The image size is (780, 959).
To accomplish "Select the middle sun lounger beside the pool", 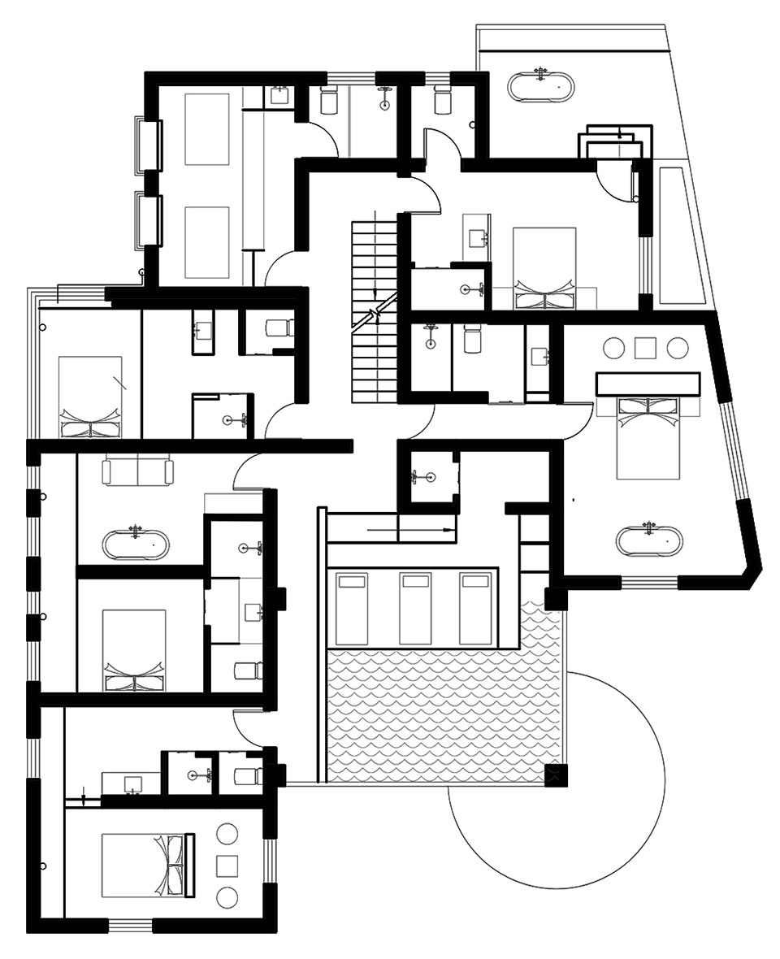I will pos(416,608).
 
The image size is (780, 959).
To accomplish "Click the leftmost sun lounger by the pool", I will pos(352,608).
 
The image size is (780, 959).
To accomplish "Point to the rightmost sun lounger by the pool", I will pos(475,608).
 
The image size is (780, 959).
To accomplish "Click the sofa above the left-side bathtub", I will pos(138,472).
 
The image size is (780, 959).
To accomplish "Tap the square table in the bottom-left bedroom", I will pos(227,866).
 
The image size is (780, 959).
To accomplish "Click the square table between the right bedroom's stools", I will pos(646,348).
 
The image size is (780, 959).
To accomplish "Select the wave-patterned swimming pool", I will pos(443,715).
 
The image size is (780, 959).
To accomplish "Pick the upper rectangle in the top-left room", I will pos(207,129).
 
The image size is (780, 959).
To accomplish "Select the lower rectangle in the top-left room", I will pos(207,241).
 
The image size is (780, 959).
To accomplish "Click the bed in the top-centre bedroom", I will pos(544,268).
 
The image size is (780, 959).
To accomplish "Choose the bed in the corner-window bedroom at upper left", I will pos(90,396).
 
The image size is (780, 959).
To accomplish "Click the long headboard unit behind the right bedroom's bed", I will pos(648,384).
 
